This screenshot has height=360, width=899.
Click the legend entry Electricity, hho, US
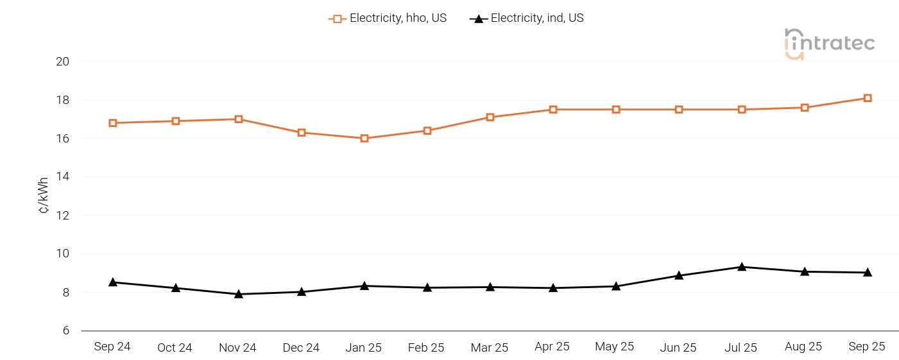pyautogui.click(x=388, y=19)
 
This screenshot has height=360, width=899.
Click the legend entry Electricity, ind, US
pyautogui.click(x=527, y=19)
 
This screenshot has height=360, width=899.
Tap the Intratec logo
pyautogui.click(x=829, y=44)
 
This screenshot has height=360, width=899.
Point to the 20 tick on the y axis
pyautogui.click(x=62, y=62)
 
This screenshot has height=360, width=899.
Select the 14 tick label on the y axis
pyautogui.click(x=62, y=177)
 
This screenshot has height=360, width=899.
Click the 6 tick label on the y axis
pyautogui.click(x=65, y=331)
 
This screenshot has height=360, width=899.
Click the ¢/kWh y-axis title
pyautogui.click(x=44, y=196)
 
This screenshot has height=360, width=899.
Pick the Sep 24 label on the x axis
pyautogui.click(x=112, y=347)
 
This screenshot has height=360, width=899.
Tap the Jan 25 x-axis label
pyautogui.click(x=364, y=348)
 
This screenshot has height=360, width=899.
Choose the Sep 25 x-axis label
pyautogui.click(x=867, y=347)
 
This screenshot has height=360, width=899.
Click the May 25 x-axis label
pyautogui.click(x=615, y=347)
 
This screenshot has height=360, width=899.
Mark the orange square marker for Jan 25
pyautogui.click(x=364, y=139)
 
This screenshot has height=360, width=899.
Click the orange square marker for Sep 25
pyautogui.click(x=868, y=98)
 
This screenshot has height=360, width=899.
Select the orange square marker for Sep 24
pyautogui.click(x=113, y=123)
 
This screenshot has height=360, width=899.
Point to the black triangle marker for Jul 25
pyautogui.click(x=742, y=267)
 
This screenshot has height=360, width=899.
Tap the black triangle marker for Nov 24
pyautogui.click(x=239, y=294)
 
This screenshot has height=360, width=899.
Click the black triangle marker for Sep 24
pyautogui.click(x=113, y=282)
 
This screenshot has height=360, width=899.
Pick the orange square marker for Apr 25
pyautogui.click(x=553, y=110)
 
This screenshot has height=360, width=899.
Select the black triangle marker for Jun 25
pyautogui.click(x=679, y=275)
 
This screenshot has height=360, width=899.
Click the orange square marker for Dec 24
pyautogui.click(x=302, y=133)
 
